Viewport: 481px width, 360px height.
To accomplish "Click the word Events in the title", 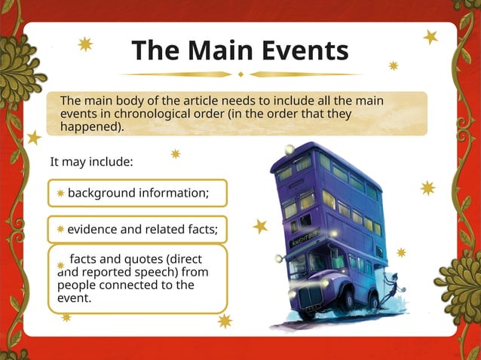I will tap(305, 50).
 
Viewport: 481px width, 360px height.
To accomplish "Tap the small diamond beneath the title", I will tap(240, 74).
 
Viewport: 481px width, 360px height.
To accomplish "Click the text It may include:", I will tap(91, 163).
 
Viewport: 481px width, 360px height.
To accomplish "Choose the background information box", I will tap(137, 193).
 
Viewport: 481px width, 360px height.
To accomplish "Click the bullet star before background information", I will tap(61, 194).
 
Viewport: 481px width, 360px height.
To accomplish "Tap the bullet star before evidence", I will tap(60, 229).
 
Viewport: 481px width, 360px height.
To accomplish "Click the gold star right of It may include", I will tap(175, 154).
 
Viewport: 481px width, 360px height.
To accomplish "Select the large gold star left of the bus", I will tap(260, 226).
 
